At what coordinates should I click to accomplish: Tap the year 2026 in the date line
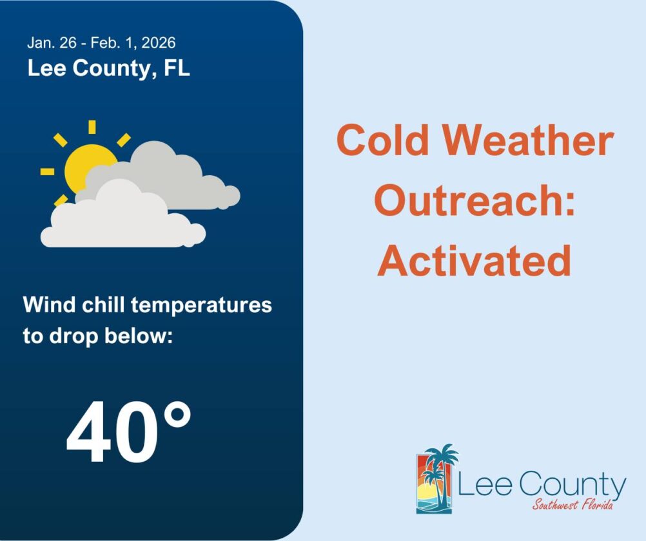click(x=159, y=43)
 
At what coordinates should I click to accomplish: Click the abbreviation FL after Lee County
click(x=176, y=68)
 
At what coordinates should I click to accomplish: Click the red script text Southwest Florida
click(x=573, y=504)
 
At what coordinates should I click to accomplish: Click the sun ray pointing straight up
click(x=92, y=127)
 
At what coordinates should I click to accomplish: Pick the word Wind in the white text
click(x=43, y=305)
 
